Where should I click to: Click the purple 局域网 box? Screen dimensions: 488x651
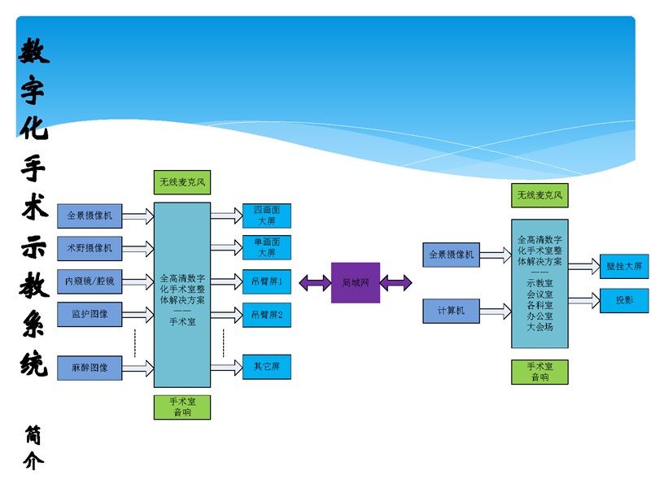point(355,282)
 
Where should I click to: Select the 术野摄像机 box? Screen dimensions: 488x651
point(89,248)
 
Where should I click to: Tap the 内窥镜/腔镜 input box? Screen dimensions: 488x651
point(89,282)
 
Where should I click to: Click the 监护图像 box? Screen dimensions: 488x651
point(89,314)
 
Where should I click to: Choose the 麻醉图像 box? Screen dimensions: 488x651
point(89,368)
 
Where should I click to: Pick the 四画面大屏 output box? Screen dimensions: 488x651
point(267,216)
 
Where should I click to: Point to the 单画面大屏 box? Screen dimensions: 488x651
point(267,247)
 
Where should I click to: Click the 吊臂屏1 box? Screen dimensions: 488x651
point(267,282)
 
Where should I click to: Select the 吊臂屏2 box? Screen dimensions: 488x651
point(267,315)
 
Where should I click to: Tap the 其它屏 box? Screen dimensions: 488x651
point(267,367)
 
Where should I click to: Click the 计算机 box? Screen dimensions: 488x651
point(451,311)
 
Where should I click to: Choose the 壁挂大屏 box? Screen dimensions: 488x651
point(624,266)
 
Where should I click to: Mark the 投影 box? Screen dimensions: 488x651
point(624,300)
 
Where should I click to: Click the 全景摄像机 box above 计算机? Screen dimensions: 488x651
point(451,255)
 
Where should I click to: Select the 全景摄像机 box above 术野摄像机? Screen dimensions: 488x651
point(89,216)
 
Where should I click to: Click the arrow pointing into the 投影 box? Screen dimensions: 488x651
point(584,301)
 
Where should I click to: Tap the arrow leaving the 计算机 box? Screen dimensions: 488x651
point(495,311)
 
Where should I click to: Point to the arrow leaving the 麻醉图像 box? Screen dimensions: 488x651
point(138,368)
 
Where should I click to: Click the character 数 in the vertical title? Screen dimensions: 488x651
point(33,50)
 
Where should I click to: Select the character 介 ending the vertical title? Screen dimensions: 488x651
point(33,461)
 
